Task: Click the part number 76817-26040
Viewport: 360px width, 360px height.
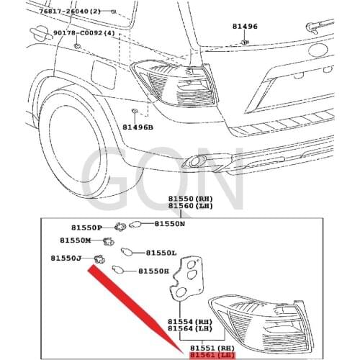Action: (63, 11)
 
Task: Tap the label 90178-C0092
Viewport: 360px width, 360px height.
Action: (78, 32)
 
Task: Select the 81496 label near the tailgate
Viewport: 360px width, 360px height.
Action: (245, 26)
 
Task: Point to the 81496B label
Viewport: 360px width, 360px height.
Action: (138, 127)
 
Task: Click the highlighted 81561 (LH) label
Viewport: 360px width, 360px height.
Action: (212, 355)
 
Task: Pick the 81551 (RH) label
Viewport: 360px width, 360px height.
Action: (212, 348)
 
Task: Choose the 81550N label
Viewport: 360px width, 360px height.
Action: (169, 224)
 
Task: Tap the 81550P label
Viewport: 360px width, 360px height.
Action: (86, 228)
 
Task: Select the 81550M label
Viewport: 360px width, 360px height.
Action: (76, 240)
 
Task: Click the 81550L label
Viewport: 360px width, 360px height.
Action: (161, 253)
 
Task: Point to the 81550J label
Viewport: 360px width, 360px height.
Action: (66, 258)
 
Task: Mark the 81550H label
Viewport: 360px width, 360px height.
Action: (153, 271)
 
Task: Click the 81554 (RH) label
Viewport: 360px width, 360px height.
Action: (190, 321)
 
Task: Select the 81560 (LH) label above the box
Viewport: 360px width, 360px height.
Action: (190, 206)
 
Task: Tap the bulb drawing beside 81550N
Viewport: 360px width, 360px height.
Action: (135, 225)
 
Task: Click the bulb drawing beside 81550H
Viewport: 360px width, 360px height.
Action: (117, 269)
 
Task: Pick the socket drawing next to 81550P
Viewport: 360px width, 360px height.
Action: (120, 227)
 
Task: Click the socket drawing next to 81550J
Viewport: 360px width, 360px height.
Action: (99, 259)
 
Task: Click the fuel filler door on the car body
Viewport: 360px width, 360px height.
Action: (104, 75)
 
